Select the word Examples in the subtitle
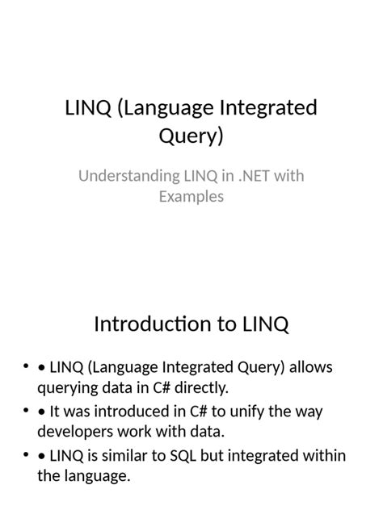(x=191, y=196)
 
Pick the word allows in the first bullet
(x=310, y=367)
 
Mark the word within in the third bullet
(x=324, y=456)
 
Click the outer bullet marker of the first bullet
(x=27, y=368)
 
